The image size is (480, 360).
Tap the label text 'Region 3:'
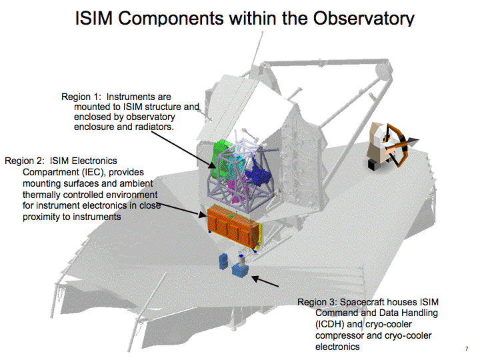[317, 303]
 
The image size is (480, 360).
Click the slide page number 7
[465, 349]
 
